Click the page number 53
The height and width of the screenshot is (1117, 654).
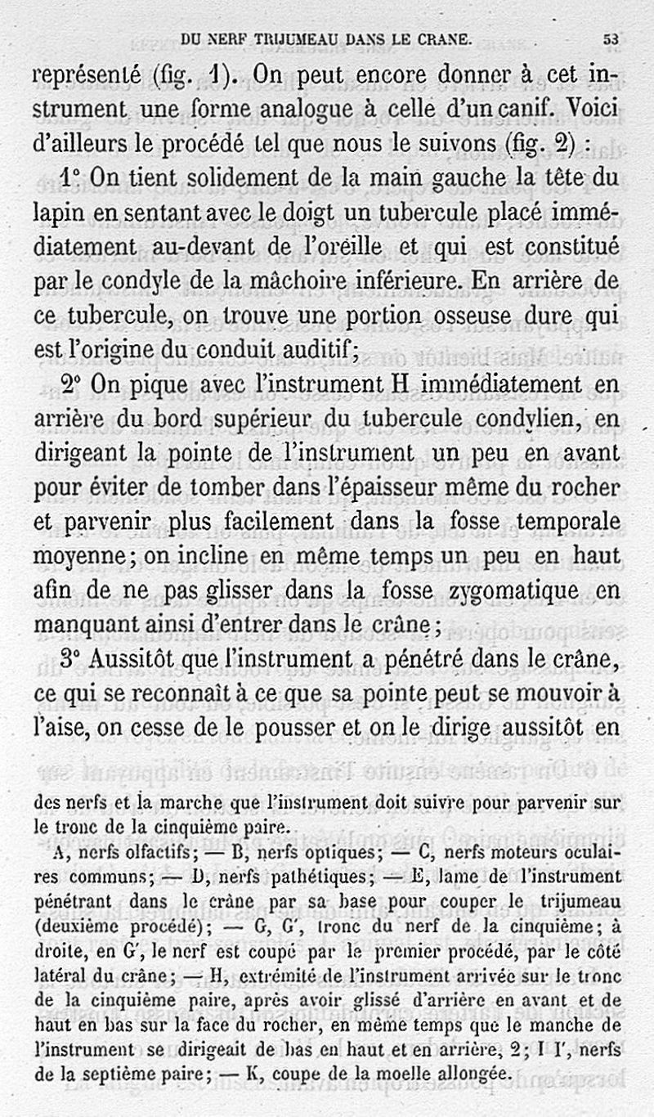(x=611, y=38)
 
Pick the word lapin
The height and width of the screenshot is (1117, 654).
(x=58, y=211)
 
